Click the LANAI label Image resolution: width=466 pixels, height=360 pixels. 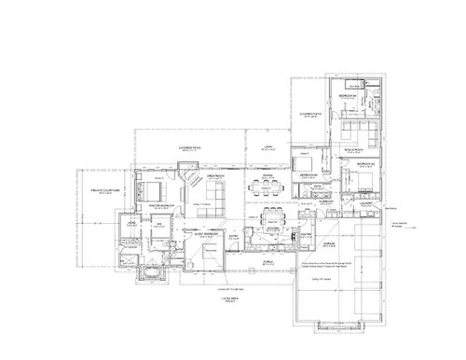(x=264, y=145)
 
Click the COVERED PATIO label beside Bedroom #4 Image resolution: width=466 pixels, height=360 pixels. (x=313, y=115)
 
